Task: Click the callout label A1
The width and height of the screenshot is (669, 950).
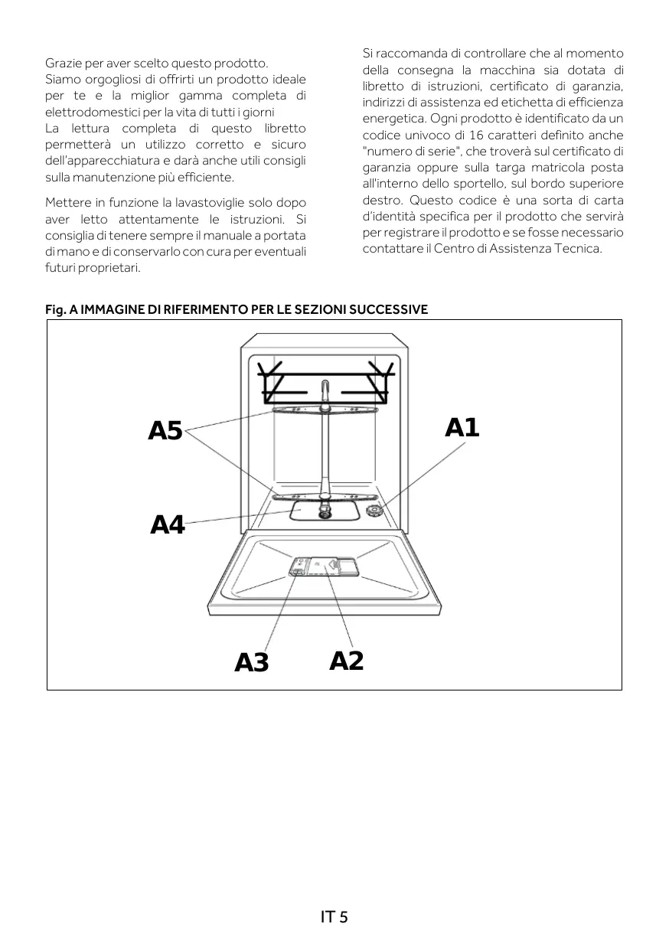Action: (x=462, y=427)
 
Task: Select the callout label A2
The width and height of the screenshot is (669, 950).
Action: (x=346, y=660)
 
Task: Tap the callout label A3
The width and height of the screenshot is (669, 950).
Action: (x=252, y=662)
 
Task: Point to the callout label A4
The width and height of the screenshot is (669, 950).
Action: (x=168, y=525)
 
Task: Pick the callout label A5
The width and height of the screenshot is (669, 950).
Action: (x=165, y=431)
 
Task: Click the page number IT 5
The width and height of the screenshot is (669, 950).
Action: (x=334, y=916)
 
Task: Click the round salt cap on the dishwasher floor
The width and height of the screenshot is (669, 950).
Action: (x=374, y=511)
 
